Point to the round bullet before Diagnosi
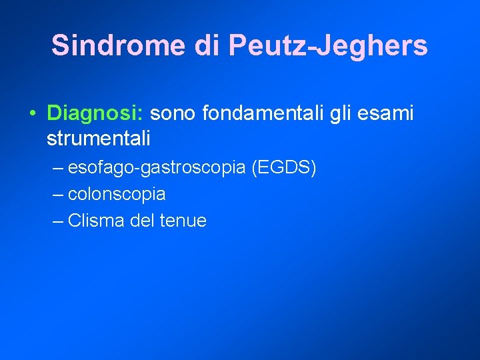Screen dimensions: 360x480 click(33, 114)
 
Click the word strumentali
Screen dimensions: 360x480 click(99, 139)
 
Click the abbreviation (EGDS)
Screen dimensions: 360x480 click(284, 168)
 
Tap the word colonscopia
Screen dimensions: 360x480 click(117, 195)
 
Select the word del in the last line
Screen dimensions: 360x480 click(142, 221)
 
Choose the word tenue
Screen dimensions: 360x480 click(183, 221)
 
